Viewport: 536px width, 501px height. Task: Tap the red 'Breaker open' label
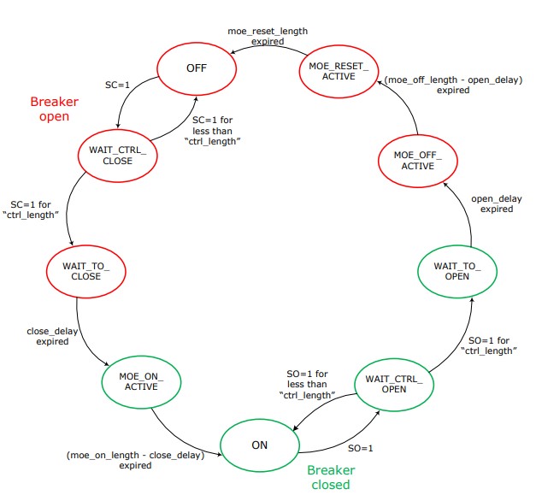pyautogui.click(x=49, y=108)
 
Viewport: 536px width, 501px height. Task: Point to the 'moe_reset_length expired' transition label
pyautogui.click(x=267, y=36)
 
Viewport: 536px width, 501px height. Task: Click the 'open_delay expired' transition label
pyautogui.click(x=496, y=204)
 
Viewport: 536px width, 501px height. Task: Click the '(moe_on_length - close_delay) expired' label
pyautogui.click(x=135, y=460)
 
